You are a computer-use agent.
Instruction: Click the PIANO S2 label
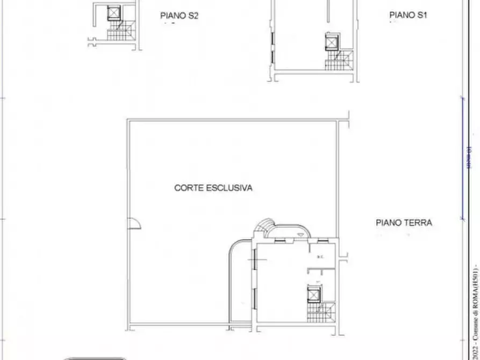pos(180,16)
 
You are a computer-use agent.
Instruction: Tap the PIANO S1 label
pos(409,16)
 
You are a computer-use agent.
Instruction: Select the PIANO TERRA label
pos(404,222)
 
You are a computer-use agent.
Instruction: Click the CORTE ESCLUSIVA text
pos(213,188)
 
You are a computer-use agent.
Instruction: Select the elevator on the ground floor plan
pos(312,293)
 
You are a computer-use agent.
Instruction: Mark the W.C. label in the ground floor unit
pos(320,257)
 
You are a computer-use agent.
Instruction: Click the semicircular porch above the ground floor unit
pos(290,232)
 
